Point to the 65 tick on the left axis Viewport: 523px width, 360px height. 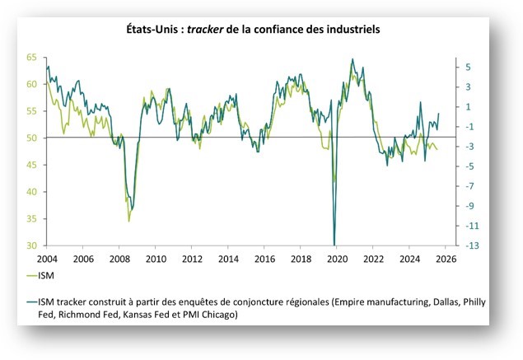tap(30, 58)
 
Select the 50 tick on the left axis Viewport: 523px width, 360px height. tap(30, 138)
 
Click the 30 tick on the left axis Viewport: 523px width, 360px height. tap(30, 245)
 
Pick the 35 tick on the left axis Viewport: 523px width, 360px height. tap(30, 219)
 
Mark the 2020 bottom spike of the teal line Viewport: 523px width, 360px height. tap(334, 244)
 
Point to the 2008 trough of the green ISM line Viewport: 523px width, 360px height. tap(129, 221)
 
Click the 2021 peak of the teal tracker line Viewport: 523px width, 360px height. tap(353, 59)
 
